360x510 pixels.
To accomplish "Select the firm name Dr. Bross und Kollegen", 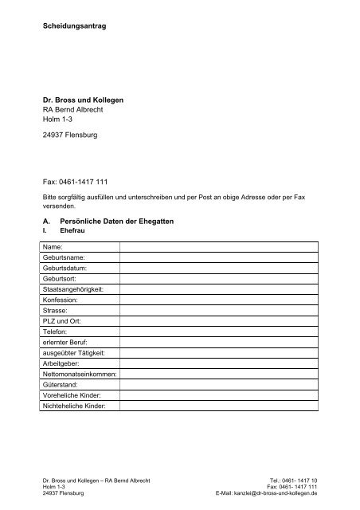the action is click(84, 99).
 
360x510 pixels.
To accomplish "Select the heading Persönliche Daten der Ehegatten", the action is click(129, 217).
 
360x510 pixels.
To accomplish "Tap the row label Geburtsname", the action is click(67, 259).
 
